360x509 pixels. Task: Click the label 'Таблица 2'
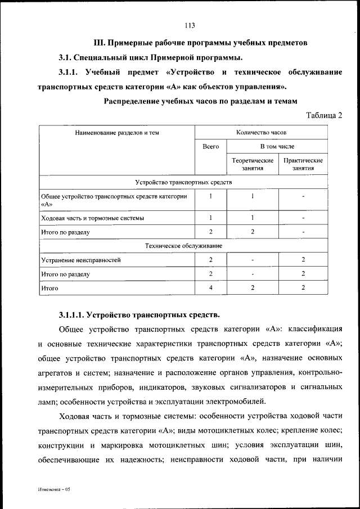click(x=324, y=115)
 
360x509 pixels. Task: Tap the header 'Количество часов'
click(x=261, y=133)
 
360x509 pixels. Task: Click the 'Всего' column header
click(x=211, y=146)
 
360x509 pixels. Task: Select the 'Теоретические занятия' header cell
click(x=253, y=164)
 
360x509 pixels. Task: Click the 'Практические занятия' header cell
click(x=303, y=164)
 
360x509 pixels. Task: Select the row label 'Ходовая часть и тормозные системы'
click(x=92, y=218)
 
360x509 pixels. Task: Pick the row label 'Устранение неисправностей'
click(x=81, y=260)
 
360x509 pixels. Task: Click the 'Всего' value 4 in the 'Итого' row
click(x=211, y=287)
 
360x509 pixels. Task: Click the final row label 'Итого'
click(x=50, y=288)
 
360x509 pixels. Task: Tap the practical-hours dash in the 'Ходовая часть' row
click(x=303, y=218)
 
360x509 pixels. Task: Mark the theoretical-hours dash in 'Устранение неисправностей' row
click(x=253, y=260)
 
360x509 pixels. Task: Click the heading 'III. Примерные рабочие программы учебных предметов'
click(x=200, y=43)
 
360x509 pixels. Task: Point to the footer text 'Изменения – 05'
click(x=54, y=489)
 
